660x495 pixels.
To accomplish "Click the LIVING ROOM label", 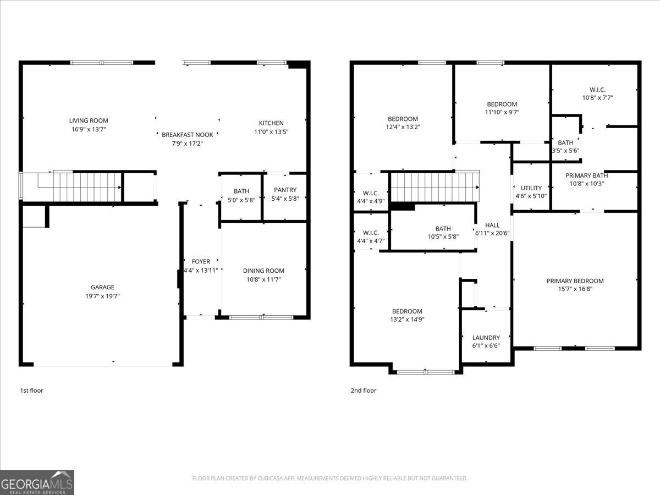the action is click(x=89, y=120).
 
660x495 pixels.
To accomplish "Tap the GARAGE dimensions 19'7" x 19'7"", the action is click(x=102, y=296).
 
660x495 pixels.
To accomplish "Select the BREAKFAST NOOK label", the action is click(x=188, y=135).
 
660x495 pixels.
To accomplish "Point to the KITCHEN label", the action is click(x=271, y=123).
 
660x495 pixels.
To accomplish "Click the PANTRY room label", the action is click(x=285, y=190).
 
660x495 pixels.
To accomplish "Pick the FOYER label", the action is click(x=201, y=261).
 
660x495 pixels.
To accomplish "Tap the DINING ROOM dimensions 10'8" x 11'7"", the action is click(x=263, y=279).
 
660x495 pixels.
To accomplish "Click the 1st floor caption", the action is click(x=31, y=391).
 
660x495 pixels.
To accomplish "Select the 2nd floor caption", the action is click(x=363, y=391).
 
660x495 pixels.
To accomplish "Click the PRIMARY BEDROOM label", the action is click(x=575, y=281).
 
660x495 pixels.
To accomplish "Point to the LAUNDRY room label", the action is click(x=486, y=338).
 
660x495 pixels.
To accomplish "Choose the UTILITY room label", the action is click(x=531, y=188).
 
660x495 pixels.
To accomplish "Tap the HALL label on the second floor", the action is click(x=492, y=225).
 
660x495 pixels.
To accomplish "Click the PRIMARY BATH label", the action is click(x=587, y=175).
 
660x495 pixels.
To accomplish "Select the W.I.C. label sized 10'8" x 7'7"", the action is click(x=597, y=90).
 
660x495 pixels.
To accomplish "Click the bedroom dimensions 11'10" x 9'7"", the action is click(x=502, y=112).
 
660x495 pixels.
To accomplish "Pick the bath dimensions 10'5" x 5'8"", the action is click(x=443, y=237).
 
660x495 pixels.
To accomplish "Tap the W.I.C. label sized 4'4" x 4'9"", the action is click(x=371, y=193).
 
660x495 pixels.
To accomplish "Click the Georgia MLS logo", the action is click(x=37, y=483).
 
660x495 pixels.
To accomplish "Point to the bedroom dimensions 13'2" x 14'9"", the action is click(x=407, y=320).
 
